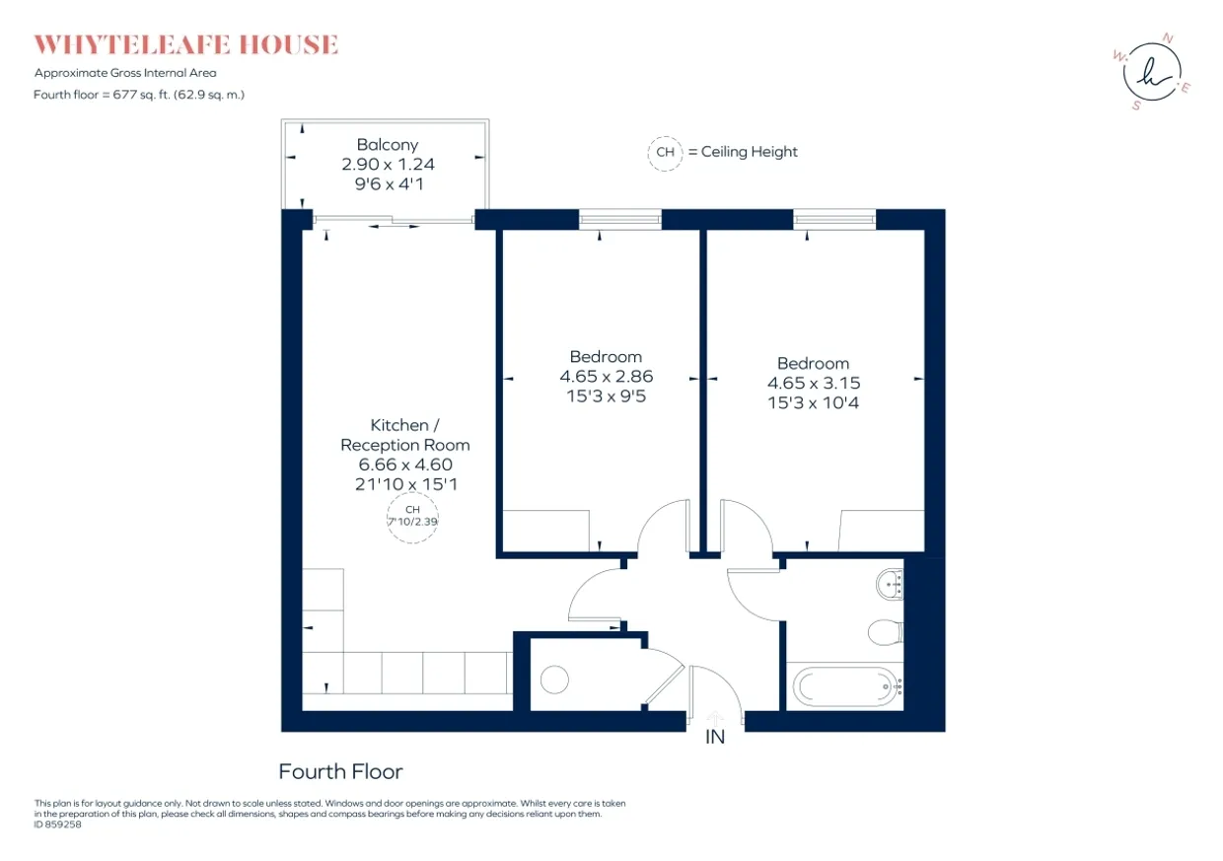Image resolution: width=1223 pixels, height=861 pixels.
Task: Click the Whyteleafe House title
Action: coord(186,44)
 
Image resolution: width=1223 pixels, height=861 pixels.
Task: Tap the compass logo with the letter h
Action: coord(1152,72)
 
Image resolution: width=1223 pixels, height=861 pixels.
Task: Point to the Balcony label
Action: coord(388,145)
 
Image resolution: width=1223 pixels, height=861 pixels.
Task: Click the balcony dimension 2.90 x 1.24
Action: coord(389,165)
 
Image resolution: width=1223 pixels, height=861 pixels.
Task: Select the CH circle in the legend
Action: coord(665,153)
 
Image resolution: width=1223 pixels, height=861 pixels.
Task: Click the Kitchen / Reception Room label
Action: coord(405,435)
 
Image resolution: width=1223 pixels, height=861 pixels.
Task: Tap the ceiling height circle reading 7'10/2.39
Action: coord(412,517)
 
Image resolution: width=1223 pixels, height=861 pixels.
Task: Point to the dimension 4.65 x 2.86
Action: coord(606,376)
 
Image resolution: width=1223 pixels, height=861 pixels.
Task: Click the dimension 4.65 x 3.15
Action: coord(814,383)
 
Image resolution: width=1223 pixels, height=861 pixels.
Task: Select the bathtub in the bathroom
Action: coord(847,686)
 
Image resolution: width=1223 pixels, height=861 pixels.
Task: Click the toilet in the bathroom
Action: coord(886,632)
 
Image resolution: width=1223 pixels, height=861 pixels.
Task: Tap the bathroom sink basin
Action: coord(890,584)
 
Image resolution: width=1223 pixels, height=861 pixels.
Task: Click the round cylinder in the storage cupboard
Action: coord(554,680)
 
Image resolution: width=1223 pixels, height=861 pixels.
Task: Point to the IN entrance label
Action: coord(715,737)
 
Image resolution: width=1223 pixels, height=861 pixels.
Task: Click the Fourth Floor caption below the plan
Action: coord(340,772)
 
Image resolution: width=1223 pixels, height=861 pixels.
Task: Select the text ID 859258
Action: coord(58,825)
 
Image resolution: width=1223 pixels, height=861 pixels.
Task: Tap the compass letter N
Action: coord(1168,38)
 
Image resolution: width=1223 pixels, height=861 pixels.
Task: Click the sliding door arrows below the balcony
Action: coord(394,226)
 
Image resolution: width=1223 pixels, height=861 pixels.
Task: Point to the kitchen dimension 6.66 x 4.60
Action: coord(405,465)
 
